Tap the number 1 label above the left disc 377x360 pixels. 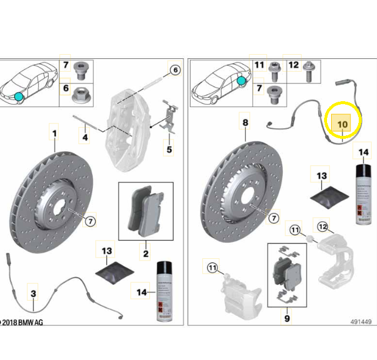click(54, 134)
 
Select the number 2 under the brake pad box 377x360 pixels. click(145, 254)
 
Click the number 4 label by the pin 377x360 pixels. click(85, 138)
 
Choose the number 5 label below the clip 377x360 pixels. click(169, 149)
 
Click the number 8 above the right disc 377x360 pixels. click(245, 123)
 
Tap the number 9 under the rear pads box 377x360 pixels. click(287, 318)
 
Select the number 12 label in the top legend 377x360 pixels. click(294, 64)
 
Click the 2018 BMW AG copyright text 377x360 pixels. click(22, 322)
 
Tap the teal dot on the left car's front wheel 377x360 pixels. click(19, 96)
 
